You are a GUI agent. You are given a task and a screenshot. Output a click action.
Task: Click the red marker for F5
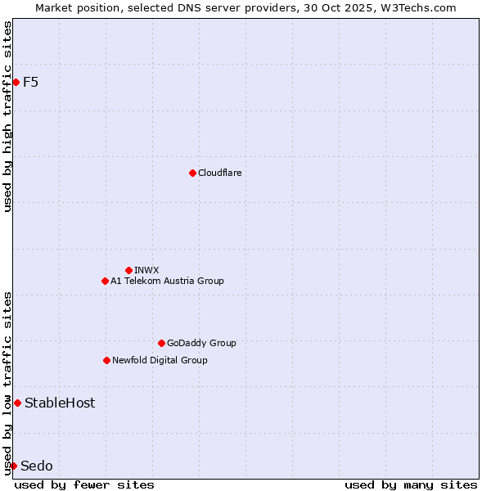tap(16, 82)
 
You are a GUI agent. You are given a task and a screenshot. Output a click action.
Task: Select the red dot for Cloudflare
tap(192, 173)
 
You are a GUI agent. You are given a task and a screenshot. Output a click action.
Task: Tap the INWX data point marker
tap(128, 270)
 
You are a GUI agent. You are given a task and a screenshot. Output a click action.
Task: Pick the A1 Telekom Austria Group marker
tap(105, 281)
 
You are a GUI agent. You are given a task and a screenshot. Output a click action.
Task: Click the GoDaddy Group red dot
tap(161, 343)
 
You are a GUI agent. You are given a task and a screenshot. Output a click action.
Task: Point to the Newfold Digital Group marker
tap(106, 360)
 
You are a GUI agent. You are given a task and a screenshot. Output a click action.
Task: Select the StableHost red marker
tap(17, 403)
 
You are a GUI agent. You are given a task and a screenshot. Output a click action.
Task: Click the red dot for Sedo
tap(13, 466)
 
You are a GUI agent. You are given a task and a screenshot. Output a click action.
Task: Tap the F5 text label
tap(30, 82)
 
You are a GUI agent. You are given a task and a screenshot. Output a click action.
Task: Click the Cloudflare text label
tap(219, 173)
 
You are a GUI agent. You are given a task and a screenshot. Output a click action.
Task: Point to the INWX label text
tap(146, 270)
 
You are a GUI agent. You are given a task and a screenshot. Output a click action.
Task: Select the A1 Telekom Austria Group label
tap(167, 281)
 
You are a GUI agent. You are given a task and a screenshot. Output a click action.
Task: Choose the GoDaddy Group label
tap(201, 343)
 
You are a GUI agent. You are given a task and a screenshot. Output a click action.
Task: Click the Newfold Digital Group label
tap(160, 360)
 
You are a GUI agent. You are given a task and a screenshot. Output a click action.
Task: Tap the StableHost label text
tap(60, 403)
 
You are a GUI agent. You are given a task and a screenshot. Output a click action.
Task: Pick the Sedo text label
tap(37, 466)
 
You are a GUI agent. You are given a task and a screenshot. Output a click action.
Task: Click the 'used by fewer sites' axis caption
tap(84, 484)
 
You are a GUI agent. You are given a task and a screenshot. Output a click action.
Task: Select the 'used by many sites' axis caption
tap(411, 484)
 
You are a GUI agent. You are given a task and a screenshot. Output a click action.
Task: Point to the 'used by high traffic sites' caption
tap(7, 116)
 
